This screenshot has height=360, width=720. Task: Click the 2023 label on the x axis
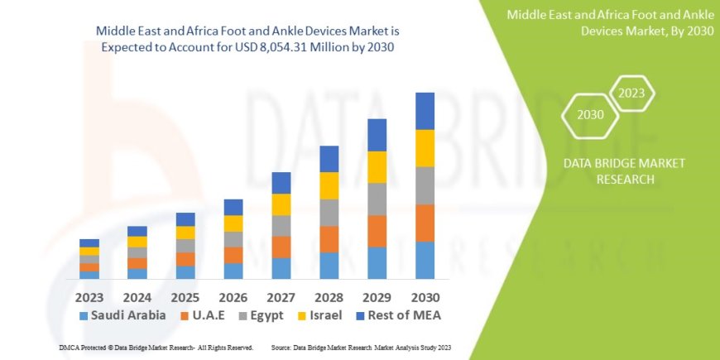pos(89,296)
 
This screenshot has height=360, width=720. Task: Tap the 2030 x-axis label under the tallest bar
pos(425,296)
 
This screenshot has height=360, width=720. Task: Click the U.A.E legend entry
pos(207,315)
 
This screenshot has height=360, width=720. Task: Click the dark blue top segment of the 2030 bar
pos(425,111)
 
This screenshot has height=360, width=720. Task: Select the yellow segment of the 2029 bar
pos(377,167)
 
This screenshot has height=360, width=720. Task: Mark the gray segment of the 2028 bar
pos(329,213)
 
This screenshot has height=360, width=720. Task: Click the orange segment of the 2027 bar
pos(281,247)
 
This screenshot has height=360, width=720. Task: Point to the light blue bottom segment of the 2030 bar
pos(425,260)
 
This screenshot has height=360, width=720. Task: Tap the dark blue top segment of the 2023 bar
pos(89,242)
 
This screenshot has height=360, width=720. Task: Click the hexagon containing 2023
pos(631,94)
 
